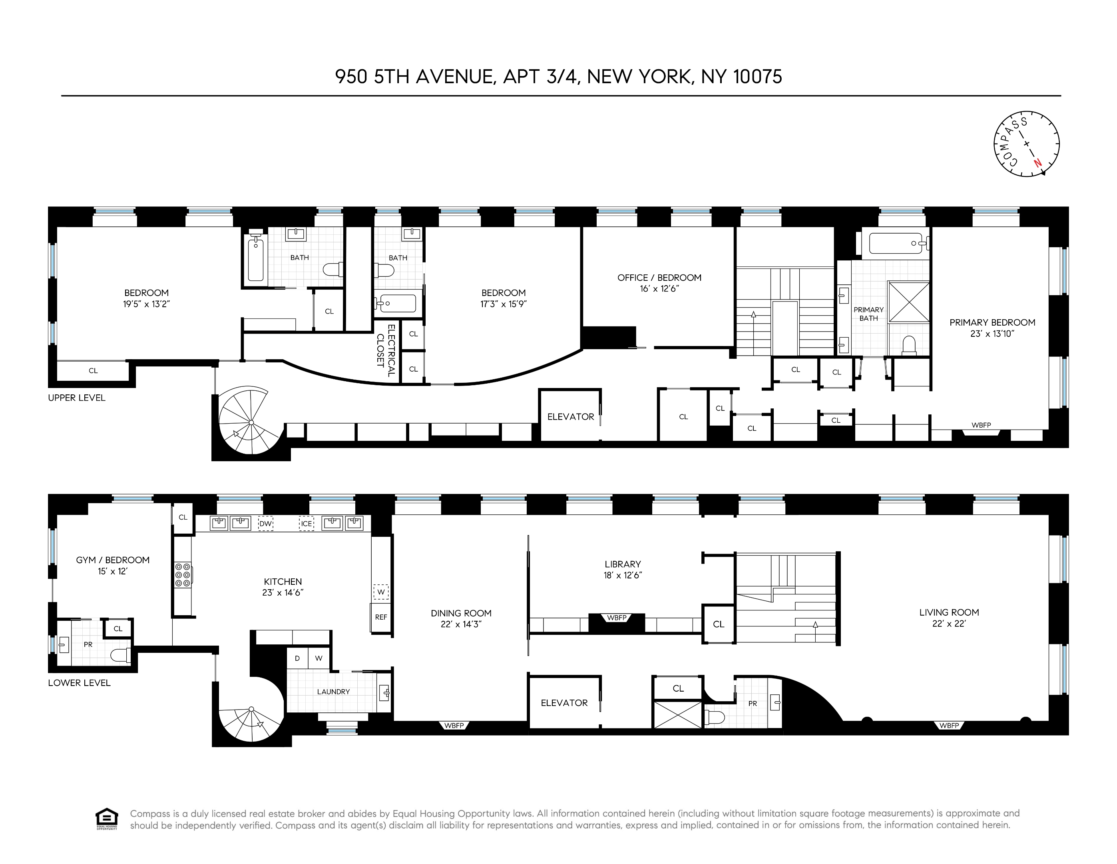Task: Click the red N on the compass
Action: [1037, 163]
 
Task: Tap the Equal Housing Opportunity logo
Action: [107, 819]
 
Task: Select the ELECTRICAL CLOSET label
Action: [387, 346]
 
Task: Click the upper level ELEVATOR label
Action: [570, 417]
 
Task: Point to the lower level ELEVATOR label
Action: [564, 703]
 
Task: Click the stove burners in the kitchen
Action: [183, 575]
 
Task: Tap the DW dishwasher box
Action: [265, 524]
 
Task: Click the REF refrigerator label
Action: [381, 617]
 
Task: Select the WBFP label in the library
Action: [616, 618]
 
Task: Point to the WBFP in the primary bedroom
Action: [981, 425]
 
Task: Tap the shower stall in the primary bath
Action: [909, 302]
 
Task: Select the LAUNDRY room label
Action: [333, 692]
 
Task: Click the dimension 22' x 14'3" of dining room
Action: [461, 624]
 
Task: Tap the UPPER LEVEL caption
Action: [77, 398]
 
